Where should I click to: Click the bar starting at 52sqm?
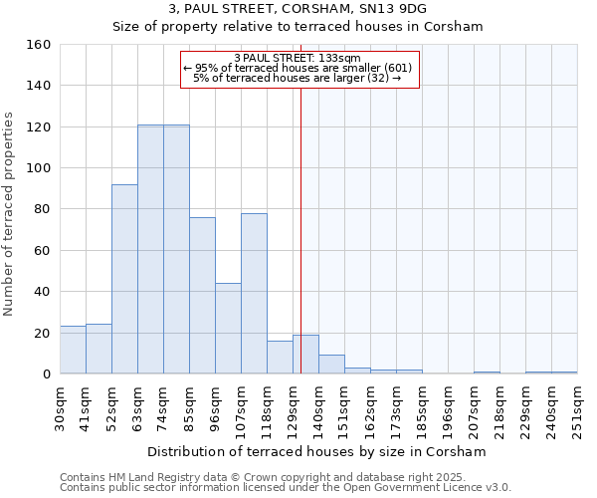[x=124, y=279]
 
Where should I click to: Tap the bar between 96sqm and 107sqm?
[x=228, y=329]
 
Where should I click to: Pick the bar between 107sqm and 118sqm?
[x=254, y=294]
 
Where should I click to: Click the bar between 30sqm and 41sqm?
[x=73, y=350]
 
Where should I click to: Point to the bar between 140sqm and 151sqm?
[x=331, y=365]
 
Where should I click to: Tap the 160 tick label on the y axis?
[x=39, y=45]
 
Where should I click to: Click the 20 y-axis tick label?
[x=43, y=333]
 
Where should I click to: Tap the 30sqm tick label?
[x=60, y=408]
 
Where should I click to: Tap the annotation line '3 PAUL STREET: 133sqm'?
[x=298, y=59]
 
